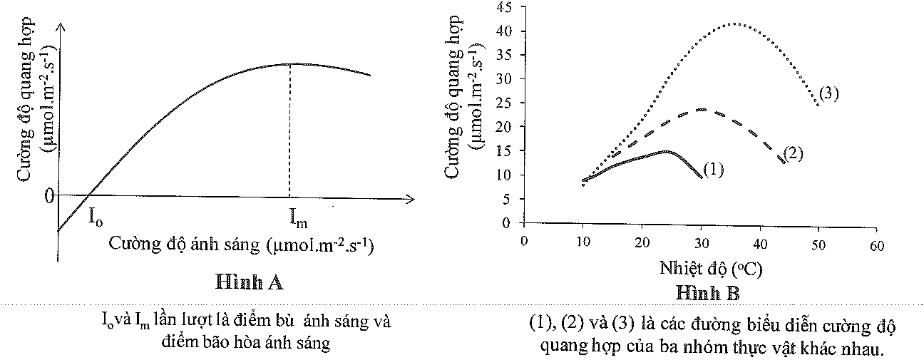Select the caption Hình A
[x=250, y=282]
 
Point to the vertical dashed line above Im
[x=289, y=128]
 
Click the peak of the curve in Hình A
[x=289, y=63]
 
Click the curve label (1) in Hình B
[x=714, y=169]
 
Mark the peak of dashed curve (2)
[x=702, y=109]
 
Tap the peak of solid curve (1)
[x=666, y=151]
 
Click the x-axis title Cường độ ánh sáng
[x=242, y=245]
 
